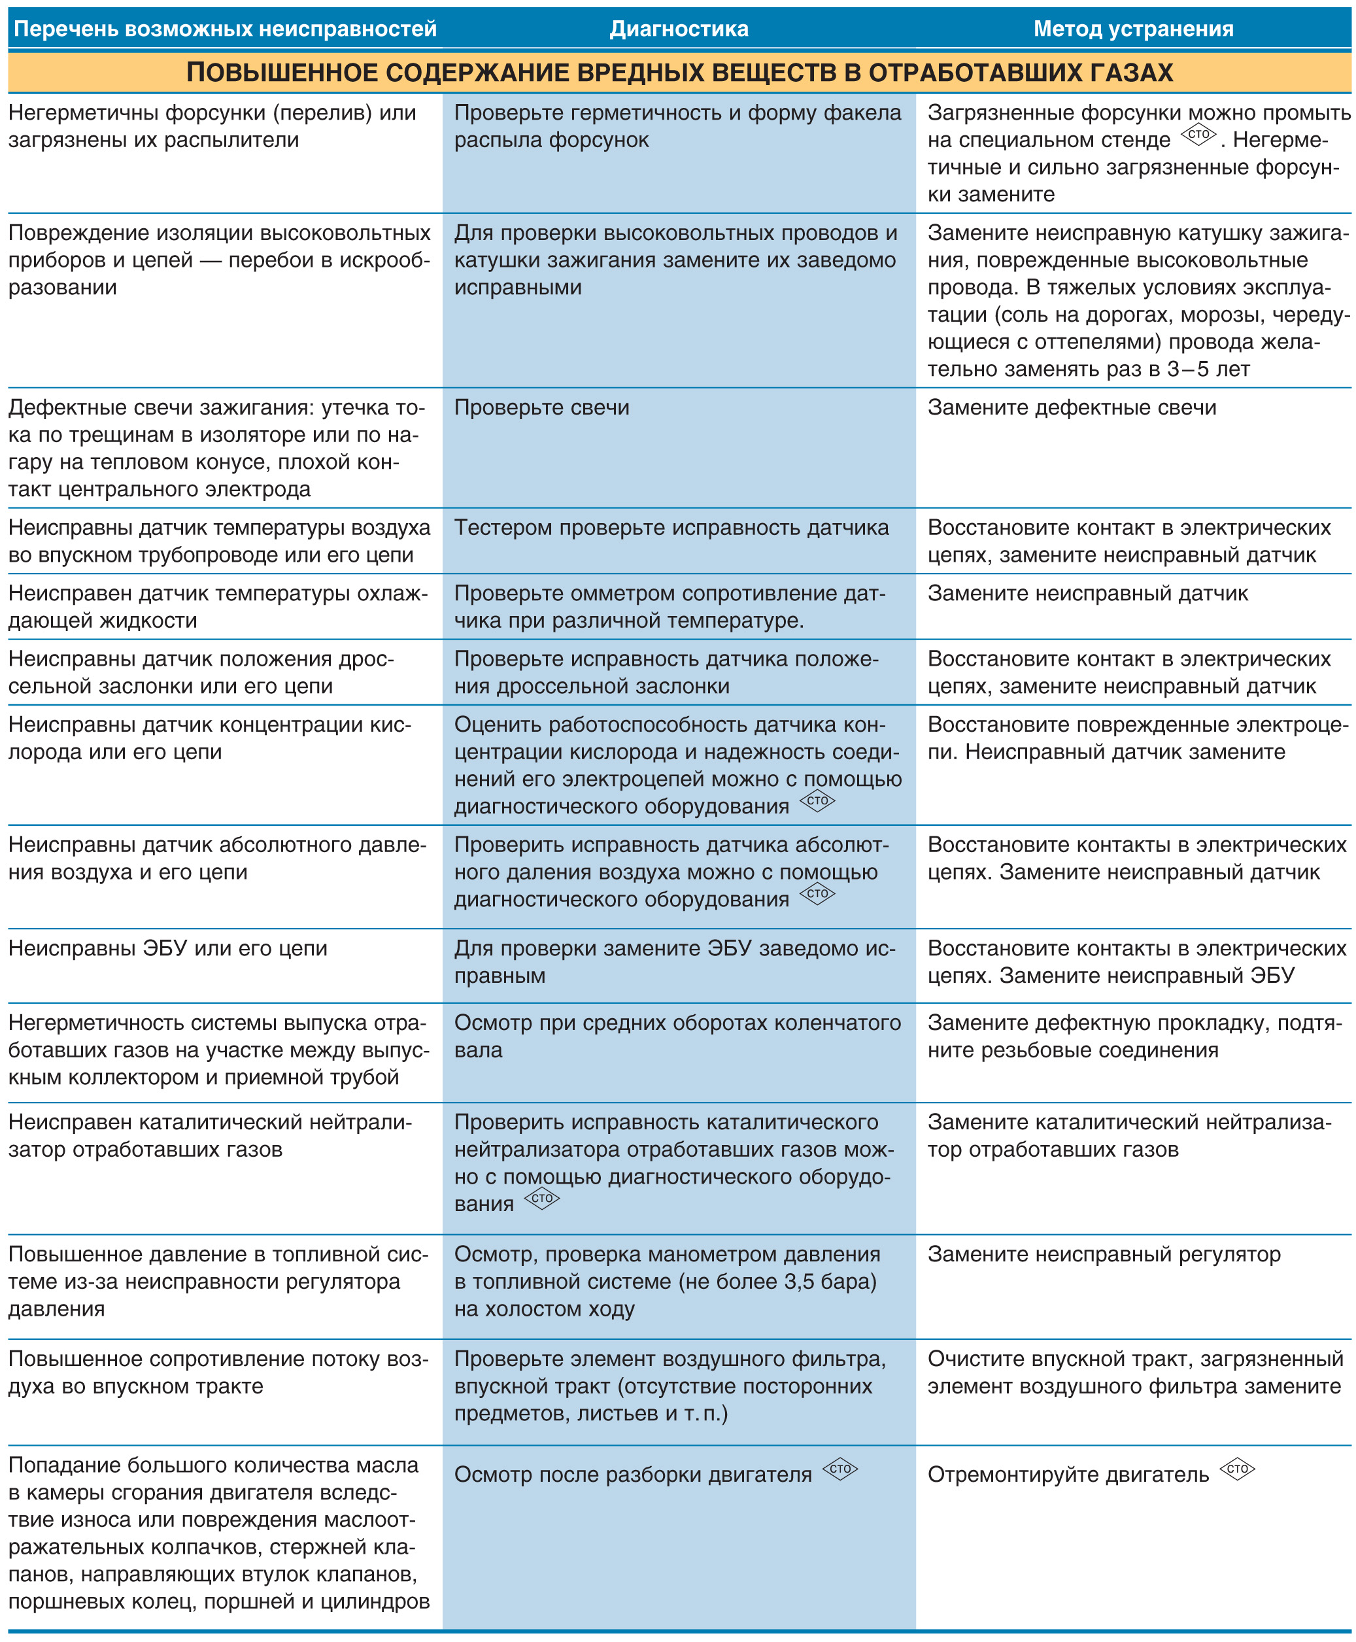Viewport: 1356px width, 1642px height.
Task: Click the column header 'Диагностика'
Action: pos(678,29)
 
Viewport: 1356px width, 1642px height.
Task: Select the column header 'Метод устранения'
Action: pos(1134,29)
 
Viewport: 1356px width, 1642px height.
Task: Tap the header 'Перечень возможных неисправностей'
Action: pos(225,29)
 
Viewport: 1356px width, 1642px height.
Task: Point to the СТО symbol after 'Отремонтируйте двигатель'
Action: pos(1237,1469)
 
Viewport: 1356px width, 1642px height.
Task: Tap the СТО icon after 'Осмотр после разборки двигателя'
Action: pos(839,1469)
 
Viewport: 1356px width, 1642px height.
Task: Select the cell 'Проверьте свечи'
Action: pos(541,408)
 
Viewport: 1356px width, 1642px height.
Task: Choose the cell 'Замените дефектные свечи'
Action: pos(1072,408)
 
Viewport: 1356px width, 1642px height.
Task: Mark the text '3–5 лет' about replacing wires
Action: pos(1208,369)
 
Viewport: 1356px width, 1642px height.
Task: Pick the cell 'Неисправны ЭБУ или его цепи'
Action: pos(168,948)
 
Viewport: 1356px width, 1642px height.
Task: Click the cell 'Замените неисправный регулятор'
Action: pos(1104,1254)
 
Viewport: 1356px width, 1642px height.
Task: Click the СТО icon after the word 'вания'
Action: pos(541,1198)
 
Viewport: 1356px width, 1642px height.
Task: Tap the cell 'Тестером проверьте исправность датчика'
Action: pos(671,528)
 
